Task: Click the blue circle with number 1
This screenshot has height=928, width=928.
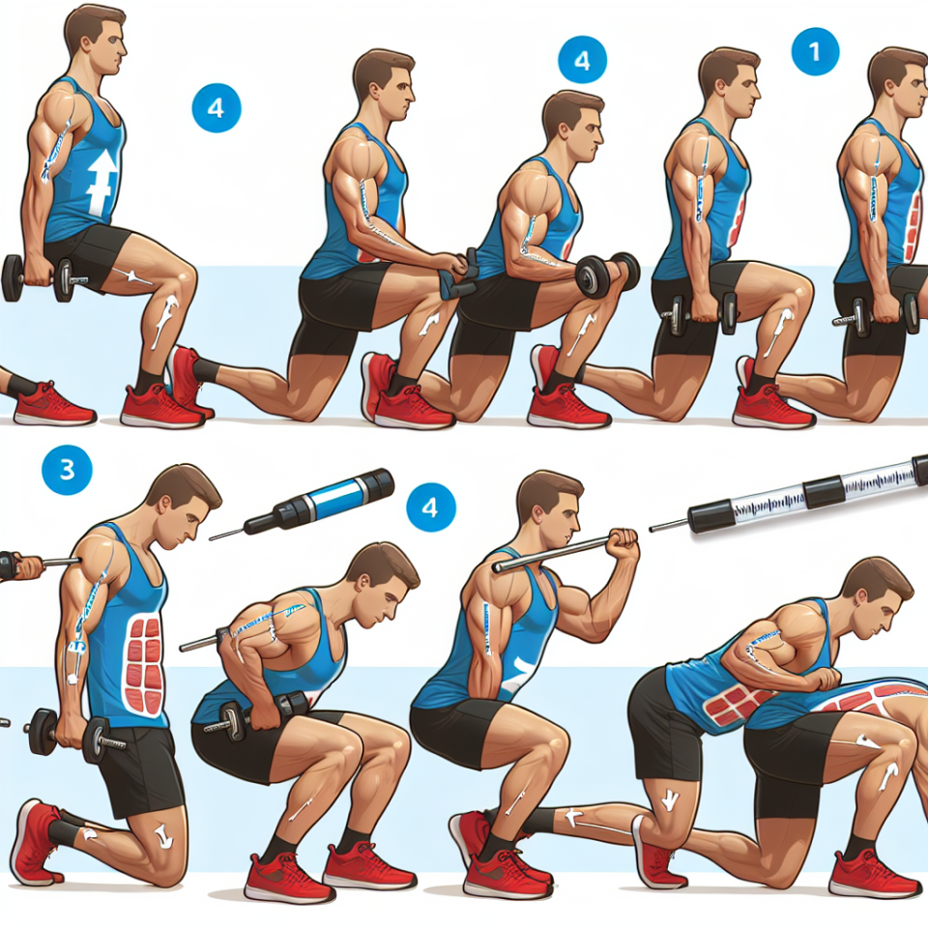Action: point(815,51)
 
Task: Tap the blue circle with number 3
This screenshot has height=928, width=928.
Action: point(67,470)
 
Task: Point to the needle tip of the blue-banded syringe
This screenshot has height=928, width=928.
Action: point(211,539)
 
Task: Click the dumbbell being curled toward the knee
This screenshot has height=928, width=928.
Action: point(608,275)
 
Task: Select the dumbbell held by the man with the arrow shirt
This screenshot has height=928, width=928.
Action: point(38,278)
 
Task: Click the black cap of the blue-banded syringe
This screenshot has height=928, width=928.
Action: point(377,484)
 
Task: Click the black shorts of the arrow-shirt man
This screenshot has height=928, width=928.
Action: point(89,255)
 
